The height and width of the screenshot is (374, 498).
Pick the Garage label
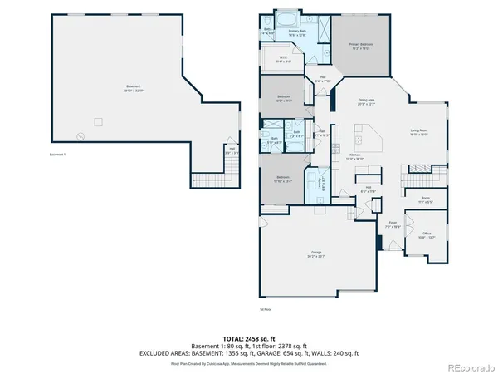316,253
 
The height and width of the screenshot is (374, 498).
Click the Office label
427,234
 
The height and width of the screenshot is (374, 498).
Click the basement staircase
213,177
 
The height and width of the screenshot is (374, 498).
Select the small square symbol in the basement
98,121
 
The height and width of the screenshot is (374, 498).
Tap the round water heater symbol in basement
81,135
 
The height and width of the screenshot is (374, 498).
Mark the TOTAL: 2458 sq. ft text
248,339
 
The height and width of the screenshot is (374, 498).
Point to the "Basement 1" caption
57,155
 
